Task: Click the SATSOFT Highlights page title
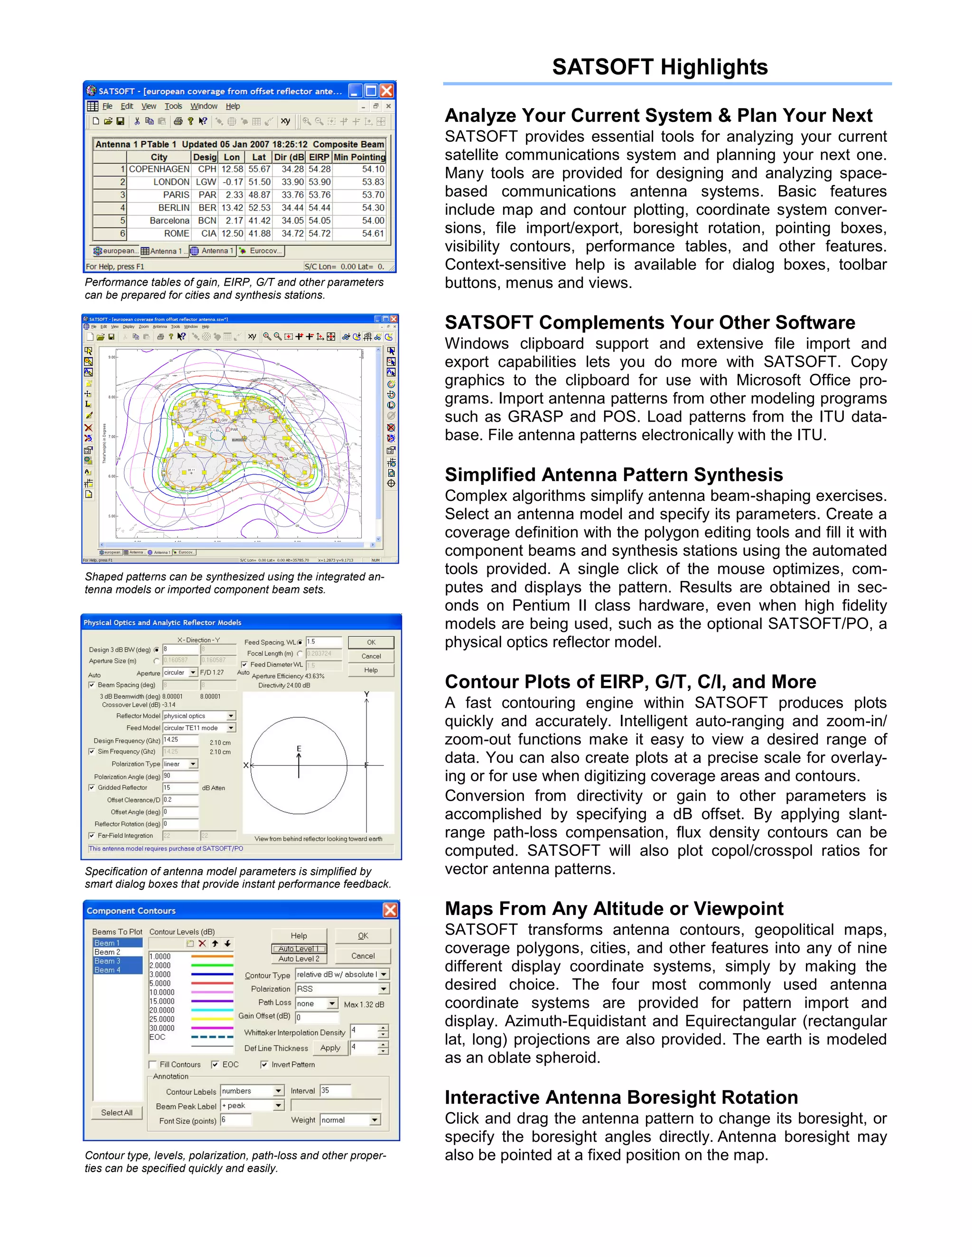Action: coord(659,67)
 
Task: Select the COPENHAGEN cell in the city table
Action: coord(159,169)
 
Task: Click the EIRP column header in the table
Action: coord(319,157)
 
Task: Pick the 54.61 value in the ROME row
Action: coord(373,234)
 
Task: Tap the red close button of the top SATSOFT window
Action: coord(387,91)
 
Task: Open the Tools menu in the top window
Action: coord(173,106)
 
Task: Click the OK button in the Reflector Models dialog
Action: coord(371,642)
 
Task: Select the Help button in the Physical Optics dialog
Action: coord(371,670)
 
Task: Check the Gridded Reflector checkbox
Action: coord(92,787)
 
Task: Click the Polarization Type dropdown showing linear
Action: coord(180,764)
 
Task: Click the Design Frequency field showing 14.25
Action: coord(180,739)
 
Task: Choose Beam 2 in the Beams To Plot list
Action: coord(108,952)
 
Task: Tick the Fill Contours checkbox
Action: coord(153,1065)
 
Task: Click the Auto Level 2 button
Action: coord(298,959)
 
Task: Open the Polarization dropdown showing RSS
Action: coord(342,989)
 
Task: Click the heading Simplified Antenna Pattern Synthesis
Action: coord(613,475)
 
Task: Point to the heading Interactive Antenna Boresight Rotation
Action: coord(621,1098)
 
